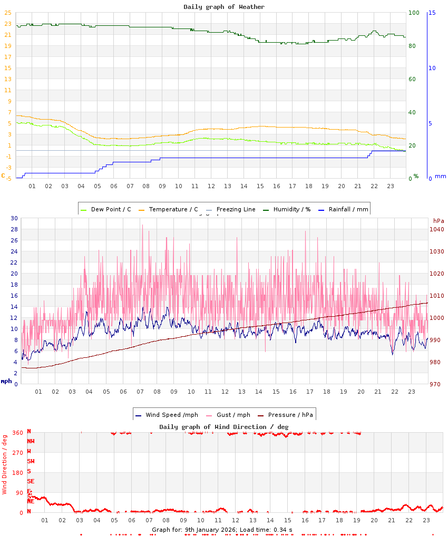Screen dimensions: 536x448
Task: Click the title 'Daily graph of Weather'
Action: click(x=224, y=7)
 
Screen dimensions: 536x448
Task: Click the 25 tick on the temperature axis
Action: click(x=8, y=13)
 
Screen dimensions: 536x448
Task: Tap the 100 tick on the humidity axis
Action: click(x=414, y=13)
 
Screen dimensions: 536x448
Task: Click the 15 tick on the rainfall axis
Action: click(x=432, y=13)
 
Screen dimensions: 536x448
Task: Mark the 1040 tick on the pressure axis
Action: click(x=436, y=229)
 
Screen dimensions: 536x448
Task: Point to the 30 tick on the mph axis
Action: click(x=14, y=218)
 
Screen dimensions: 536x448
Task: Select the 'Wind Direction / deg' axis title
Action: click(x=5, y=464)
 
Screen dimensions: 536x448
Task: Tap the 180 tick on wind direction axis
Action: click(x=18, y=473)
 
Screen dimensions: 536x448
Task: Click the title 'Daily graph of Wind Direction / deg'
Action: click(x=224, y=426)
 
